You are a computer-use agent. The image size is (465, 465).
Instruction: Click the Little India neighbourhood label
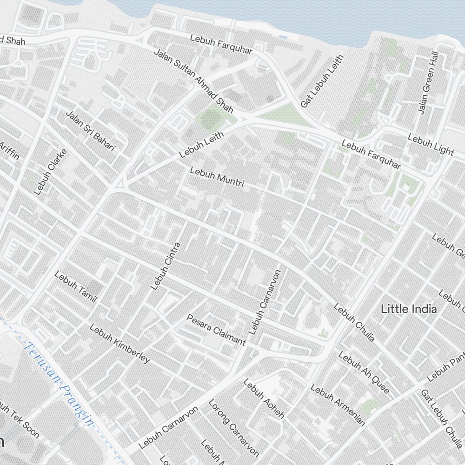click(x=409, y=309)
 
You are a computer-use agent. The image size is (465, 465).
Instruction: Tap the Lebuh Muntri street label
click(x=217, y=177)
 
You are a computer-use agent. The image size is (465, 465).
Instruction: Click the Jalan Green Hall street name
click(x=428, y=83)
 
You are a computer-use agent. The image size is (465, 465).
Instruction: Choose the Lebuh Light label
click(x=431, y=145)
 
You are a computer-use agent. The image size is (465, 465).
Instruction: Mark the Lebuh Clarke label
click(x=51, y=172)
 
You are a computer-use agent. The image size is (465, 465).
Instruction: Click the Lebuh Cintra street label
click(x=166, y=266)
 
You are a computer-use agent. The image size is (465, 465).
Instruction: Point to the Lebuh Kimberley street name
click(x=120, y=343)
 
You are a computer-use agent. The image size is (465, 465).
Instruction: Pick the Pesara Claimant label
click(x=216, y=330)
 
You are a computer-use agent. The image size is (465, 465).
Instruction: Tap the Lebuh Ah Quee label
click(x=364, y=372)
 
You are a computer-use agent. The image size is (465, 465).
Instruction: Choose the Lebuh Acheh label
click(x=263, y=399)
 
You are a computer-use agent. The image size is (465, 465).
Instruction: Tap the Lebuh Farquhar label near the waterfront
click(x=221, y=44)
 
